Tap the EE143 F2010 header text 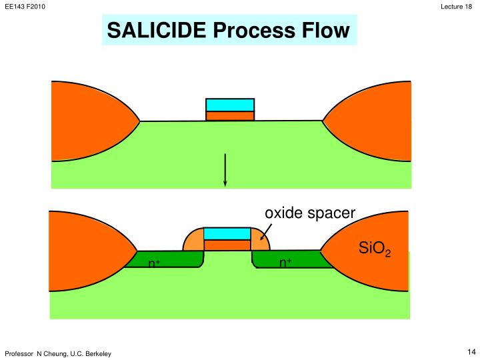(21, 7)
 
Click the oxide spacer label (310, 213)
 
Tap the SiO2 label (374, 250)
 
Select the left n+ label (153, 263)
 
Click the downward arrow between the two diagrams (225, 170)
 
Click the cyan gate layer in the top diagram (230, 105)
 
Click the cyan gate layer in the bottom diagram (227, 233)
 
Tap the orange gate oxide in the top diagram (230, 116)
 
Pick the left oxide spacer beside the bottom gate (193, 241)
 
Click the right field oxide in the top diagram (373, 120)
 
